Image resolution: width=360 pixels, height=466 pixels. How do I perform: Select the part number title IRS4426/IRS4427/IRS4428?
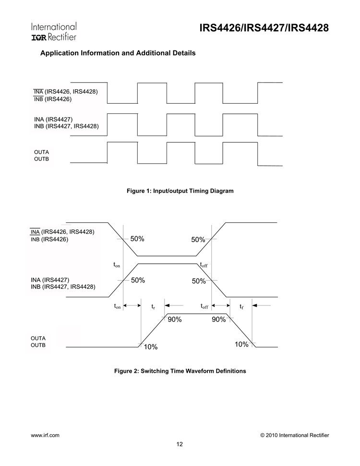(x=264, y=28)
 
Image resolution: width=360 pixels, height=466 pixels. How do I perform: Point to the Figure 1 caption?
(x=180, y=191)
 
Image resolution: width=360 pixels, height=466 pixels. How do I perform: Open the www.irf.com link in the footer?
(x=45, y=435)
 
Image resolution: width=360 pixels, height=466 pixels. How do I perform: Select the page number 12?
(x=180, y=444)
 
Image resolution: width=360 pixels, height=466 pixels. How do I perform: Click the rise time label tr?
(x=153, y=306)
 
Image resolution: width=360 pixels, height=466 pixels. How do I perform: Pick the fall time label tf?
(x=241, y=306)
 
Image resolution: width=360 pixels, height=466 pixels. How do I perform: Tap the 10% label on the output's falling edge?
(x=241, y=344)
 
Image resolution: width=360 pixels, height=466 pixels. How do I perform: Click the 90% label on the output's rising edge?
(x=174, y=320)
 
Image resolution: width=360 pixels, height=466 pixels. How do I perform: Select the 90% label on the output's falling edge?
(x=218, y=320)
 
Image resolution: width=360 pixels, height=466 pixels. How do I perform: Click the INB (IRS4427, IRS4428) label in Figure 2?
(x=63, y=287)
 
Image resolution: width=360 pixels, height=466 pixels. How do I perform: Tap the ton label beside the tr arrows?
(x=117, y=306)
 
